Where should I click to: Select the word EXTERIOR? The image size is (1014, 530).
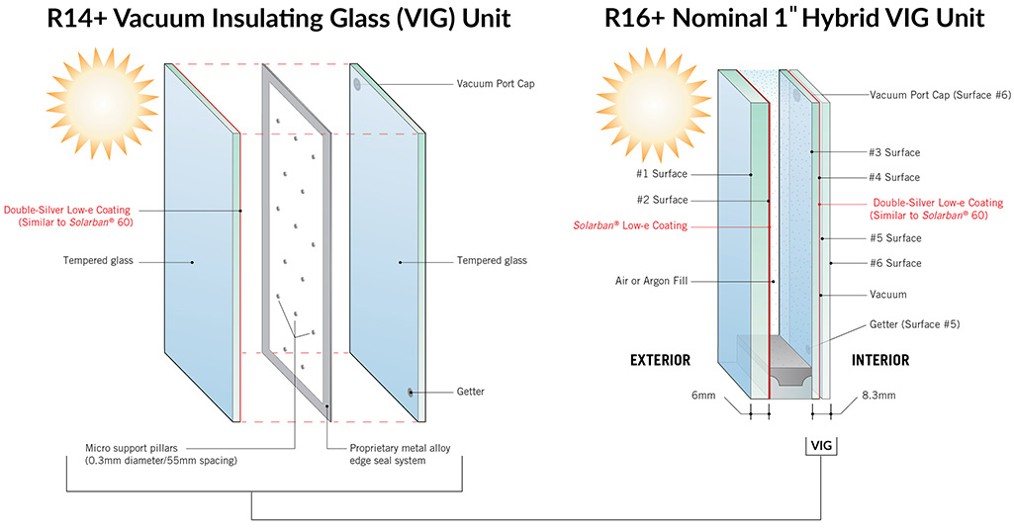[660, 360]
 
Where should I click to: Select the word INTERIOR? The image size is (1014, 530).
[880, 360]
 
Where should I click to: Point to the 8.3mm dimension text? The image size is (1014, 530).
[877, 394]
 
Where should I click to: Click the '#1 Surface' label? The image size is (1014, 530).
[662, 174]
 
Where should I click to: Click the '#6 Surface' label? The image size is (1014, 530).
[895, 263]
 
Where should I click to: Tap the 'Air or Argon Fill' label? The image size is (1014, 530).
[651, 281]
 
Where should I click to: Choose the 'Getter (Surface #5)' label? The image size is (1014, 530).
[914, 324]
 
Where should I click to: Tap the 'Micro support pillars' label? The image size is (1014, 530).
[141, 448]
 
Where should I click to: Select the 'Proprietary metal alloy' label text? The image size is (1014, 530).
[389, 448]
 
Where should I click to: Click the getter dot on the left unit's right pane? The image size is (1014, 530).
[410, 393]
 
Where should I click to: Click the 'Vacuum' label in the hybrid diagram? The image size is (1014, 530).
[887, 295]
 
